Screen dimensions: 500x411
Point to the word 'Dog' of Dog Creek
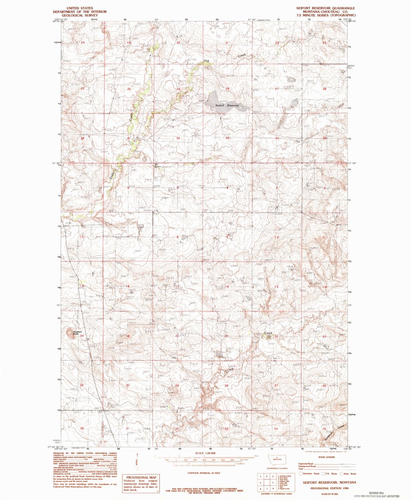[x=206, y=60]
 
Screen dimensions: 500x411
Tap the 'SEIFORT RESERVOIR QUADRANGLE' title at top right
[x=325, y=8]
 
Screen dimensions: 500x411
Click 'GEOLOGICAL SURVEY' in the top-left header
[x=80, y=15]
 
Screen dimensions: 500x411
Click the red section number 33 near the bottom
[x=227, y=428]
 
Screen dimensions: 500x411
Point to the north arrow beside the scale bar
[x=138, y=463]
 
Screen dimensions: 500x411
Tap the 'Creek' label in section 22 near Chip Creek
[x=268, y=333]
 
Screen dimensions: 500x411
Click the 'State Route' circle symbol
[x=342, y=474]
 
